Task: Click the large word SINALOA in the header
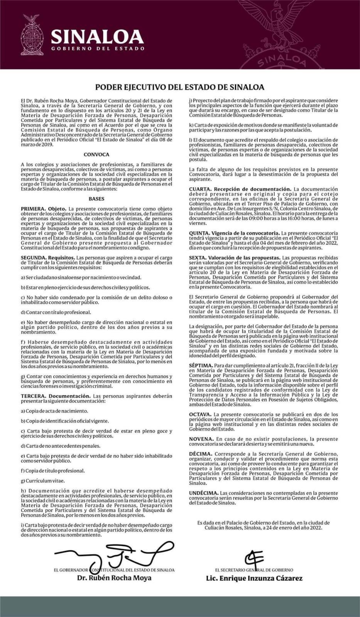[97, 37]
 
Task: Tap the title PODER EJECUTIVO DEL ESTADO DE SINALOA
[180, 87]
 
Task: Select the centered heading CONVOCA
[96, 155]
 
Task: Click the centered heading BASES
[96, 199]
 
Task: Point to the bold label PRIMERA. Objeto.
[44, 209]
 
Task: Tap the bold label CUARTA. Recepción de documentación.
[240, 189]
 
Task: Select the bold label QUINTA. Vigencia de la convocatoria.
[234, 233]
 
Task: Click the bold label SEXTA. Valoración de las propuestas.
[235, 258]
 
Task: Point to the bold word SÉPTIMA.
[201, 365]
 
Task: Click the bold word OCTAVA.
[200, 414]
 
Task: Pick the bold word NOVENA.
[201, 439]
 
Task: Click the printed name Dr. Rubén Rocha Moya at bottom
[114, 578]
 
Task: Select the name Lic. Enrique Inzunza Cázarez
[254, 578]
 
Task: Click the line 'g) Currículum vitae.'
[43, 481]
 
